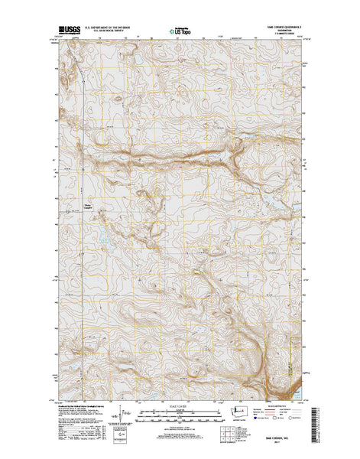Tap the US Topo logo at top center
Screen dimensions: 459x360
(180, 33)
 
